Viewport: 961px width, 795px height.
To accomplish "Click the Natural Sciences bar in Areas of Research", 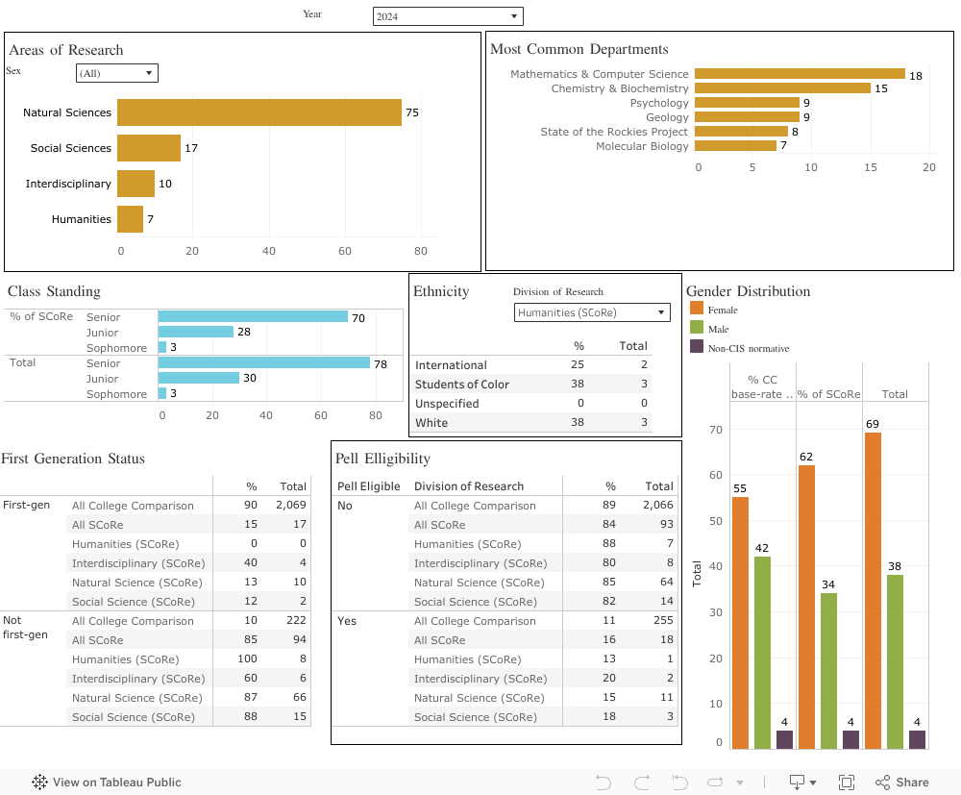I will pyautogui.click(x=259, y=112).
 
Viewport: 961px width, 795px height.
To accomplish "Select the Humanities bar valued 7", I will pyautogui.click(x=130, y=219).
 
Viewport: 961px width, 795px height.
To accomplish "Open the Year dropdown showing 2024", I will pyautogui.click(x=448, y=16).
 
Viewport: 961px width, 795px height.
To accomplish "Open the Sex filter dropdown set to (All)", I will pyautogui.click(x=116, y=73).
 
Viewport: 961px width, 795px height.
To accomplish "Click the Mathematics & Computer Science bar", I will pyautogui.click(x=800, y=74).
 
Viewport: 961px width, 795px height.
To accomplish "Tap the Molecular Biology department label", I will pyautogui.click(x=642, y=146).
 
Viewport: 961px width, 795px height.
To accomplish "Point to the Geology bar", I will pyautogui.click(x=747, y=117).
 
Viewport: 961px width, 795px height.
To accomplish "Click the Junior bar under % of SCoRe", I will pyautogui.click(x=196, y=332).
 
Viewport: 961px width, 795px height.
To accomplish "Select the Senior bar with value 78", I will pyautogui.click(x=264, y=363).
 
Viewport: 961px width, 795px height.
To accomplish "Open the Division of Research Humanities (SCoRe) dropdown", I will pyautogui.click(x=592, y=312).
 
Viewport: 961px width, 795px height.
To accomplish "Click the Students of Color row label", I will pyautogui.click(x=462, y=385).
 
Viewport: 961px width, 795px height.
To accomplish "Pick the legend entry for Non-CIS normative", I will pyautogui.click(x=748, y=348).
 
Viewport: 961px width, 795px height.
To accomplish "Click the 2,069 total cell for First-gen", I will pyautogui.click(x=290, y=506).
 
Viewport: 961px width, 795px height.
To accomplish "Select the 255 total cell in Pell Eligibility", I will pyautogui.click(x=659, y=621).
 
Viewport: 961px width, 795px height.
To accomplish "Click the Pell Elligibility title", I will pyautogui.click(x=383, y=459).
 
